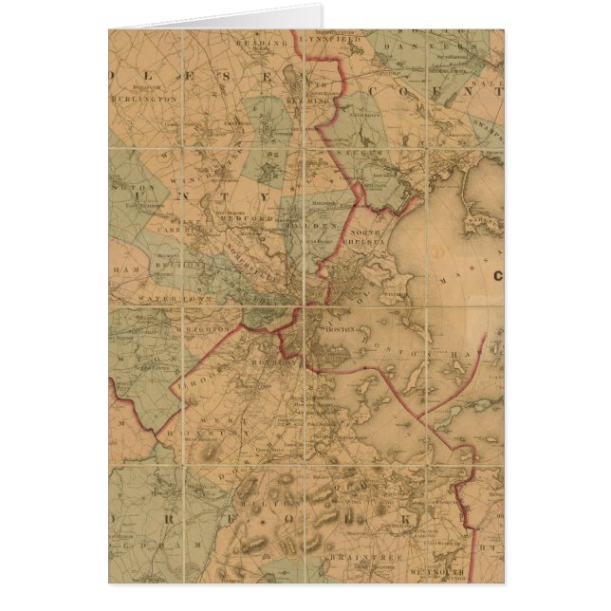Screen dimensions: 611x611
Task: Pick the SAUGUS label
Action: pos(363,152)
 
